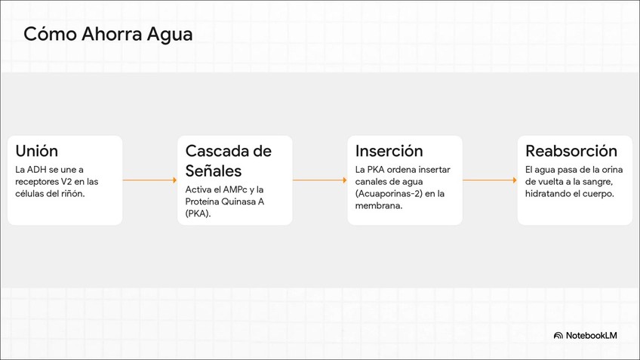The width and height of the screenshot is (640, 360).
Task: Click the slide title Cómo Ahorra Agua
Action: [108, 35]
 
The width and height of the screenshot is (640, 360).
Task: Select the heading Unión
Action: [36, 151]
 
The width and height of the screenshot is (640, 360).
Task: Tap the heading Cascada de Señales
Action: [228, 160]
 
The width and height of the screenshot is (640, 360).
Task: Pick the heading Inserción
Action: [389, 151]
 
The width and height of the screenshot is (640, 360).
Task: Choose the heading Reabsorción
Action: [571, 151]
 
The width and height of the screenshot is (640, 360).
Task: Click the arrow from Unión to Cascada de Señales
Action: [149, 180]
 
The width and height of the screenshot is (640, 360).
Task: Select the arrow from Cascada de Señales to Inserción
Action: [319, 180]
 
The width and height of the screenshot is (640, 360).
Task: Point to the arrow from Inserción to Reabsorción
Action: [490, 180]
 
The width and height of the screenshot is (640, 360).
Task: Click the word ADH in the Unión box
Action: [37, 170]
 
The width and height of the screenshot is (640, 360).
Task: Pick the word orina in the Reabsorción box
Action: [606, 170]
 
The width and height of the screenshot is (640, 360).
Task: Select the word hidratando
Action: [555, 194]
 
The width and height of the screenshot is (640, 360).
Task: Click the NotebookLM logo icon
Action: [558, 335]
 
